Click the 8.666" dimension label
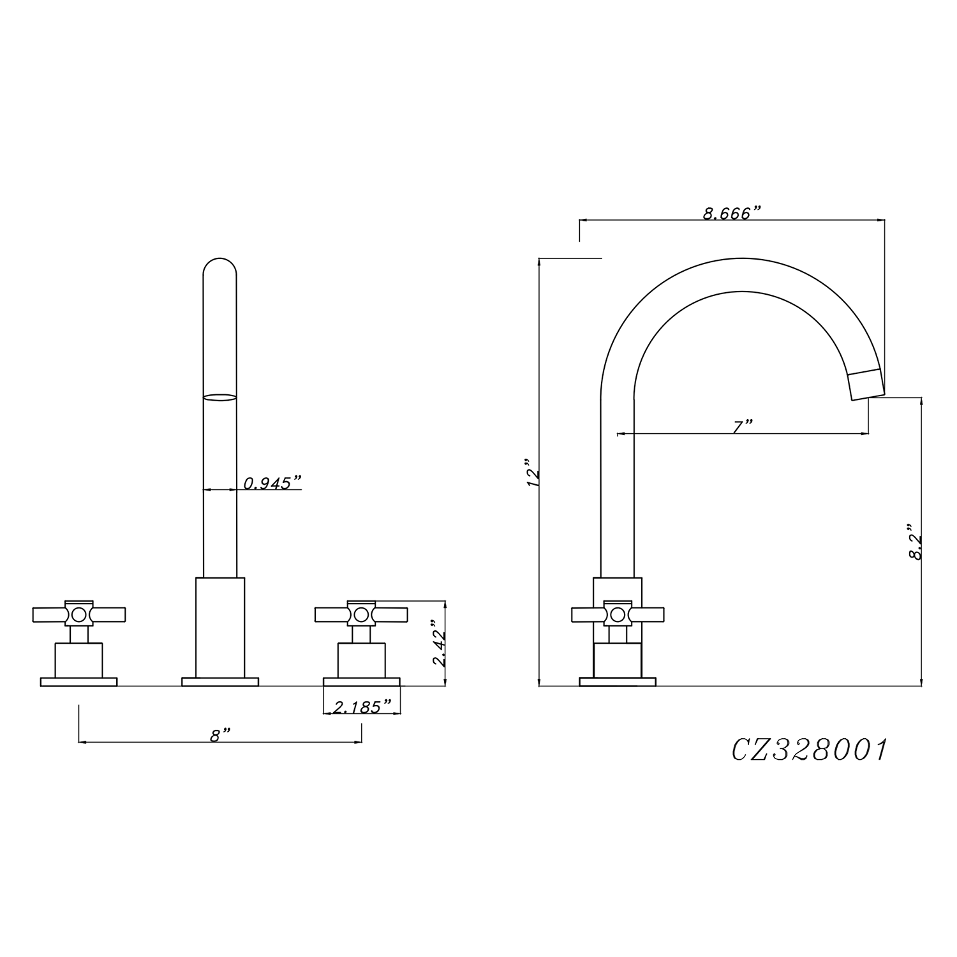(x=732, y=213)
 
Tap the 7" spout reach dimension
(x=743, y=426)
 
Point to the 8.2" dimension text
(x=916, y=543)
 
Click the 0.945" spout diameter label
(x=272, y=483)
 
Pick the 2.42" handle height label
(x=439, y=643)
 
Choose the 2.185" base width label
(x=362, y=706)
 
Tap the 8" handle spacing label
(x=219, y=735)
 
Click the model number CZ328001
(x=809, y=750)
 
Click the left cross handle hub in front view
(x=79, y=614)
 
